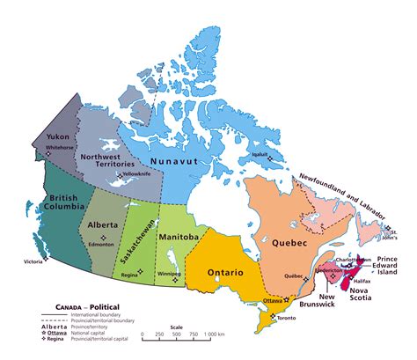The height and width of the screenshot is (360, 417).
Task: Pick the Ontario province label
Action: click(x=226, y=273)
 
